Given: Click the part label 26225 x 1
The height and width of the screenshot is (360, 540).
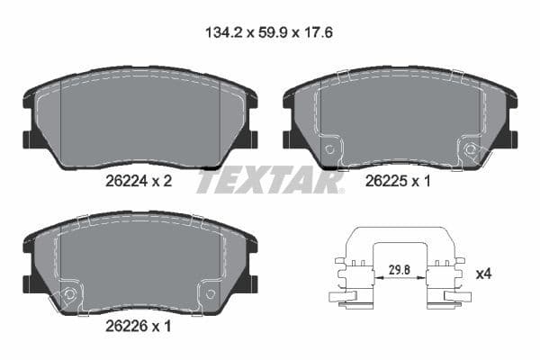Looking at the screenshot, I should tap(399, 180).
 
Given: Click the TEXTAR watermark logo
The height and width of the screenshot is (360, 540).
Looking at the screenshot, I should tap(270, 181).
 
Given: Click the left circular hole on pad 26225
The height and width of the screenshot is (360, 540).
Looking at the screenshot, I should tap(329, 148).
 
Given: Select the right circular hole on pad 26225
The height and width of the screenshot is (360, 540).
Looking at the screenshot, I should tap(471, 148).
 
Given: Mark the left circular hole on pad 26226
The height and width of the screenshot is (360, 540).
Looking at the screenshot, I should tap(68, 294).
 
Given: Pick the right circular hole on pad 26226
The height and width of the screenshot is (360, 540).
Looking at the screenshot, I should tap(211, 294).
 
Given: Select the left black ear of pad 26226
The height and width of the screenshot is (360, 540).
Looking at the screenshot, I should tap(28, 265).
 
